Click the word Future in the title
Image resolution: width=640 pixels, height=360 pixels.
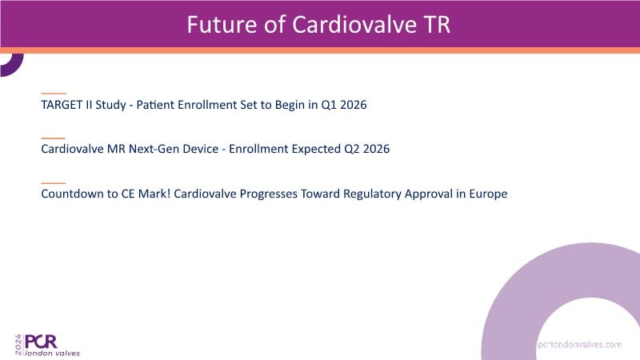point(222,25)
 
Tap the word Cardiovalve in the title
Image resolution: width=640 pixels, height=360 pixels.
point(354,25)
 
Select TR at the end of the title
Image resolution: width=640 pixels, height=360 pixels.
point(438,25)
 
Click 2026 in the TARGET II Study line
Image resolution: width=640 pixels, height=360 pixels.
point(354,105)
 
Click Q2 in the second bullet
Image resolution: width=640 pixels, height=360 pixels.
point(352,149)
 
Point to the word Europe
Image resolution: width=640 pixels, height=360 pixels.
point(488,194)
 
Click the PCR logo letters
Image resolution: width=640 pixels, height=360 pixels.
point(41,342)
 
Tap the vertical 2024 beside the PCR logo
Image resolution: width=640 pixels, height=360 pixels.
point(18,345)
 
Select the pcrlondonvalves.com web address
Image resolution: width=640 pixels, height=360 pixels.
point(579,345)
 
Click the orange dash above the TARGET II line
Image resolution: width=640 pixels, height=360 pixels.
point(54,94)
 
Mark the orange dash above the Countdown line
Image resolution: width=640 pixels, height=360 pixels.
point(54,183)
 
